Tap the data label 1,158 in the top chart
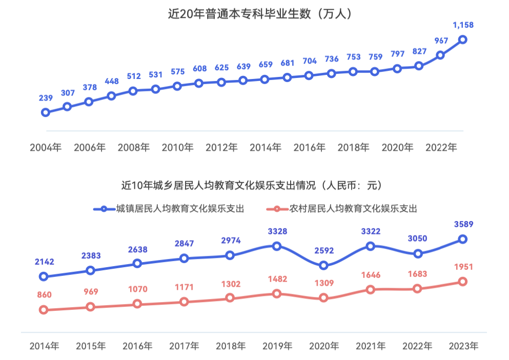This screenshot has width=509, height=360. click(x=462, y=25)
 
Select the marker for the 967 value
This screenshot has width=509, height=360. click(x=440, y=55)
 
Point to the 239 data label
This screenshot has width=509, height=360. click(x=46, y=98)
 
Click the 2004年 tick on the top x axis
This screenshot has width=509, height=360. click(x=46, y=148)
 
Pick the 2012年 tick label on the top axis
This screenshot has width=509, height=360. click(x=221, y=148)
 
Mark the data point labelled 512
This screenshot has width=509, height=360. click(x=133, y=91)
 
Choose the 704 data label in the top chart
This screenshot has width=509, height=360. click(x=309, y=61)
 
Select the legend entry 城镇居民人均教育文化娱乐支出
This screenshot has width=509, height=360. click(x=169, y=209)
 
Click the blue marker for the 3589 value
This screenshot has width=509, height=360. click(x=462, y=239)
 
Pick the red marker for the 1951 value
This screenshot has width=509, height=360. click(x=462, y=282)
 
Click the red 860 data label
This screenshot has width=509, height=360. click(x=44, y=295)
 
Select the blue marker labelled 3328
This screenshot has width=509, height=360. click(x=277, y=246)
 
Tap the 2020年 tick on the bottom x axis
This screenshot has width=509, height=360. click(x=323, y=346)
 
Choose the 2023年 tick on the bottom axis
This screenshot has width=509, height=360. click(x=462, y=346)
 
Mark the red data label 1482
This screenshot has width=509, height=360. click(x=277, y=279)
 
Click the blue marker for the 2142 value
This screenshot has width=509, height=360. click(x=44, y=276)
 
